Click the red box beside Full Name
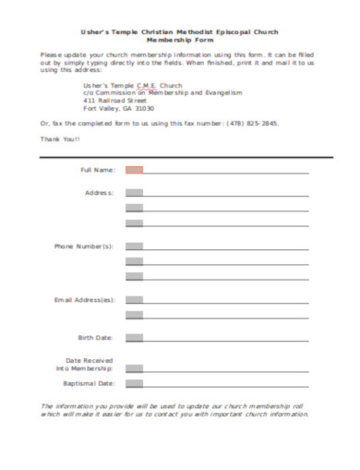pyautogui.click(x=134, y=170)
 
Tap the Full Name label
pyautogui.click(x=98, y=170)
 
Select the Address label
pyautogui.click(x=99, y=193)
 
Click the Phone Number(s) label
pyautogui.click(x=84, y=247)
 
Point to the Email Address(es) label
pyautogui.click(x=84, y=300)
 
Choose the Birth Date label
pyautogui.click(x=96, y=337)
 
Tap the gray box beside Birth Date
pyautogui.click(x=134, y=337)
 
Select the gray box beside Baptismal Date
pyautogui.click(x=134, y=382)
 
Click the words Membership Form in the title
pyautogui.click(x=180, y=40)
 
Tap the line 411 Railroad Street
pyautogui.click(x=115, y=100)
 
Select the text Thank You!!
pyautogui.click(x=61, y=139)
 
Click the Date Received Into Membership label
pyautogui.click(x=89, y=363)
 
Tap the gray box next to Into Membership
pyautogui.click(x=134, y=368)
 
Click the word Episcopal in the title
pyautogui.click(x=235, y=30)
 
